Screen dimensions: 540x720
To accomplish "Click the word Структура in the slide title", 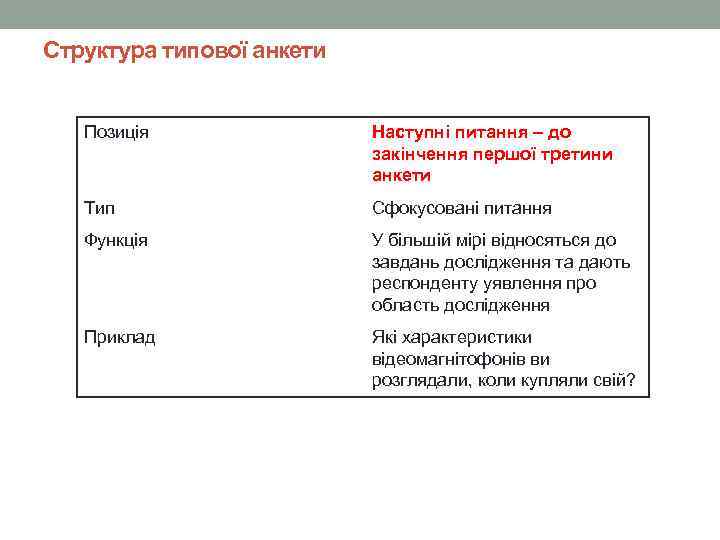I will [x=98, y=49].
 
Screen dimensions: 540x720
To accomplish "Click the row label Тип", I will [x=99, y=208].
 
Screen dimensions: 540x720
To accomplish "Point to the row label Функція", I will [x=117, y=240].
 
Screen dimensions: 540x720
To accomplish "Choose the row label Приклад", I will [x=120, y=337].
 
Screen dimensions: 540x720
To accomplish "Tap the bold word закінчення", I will [x=419, y=154].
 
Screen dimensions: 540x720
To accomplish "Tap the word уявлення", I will [x=530, y=284].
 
